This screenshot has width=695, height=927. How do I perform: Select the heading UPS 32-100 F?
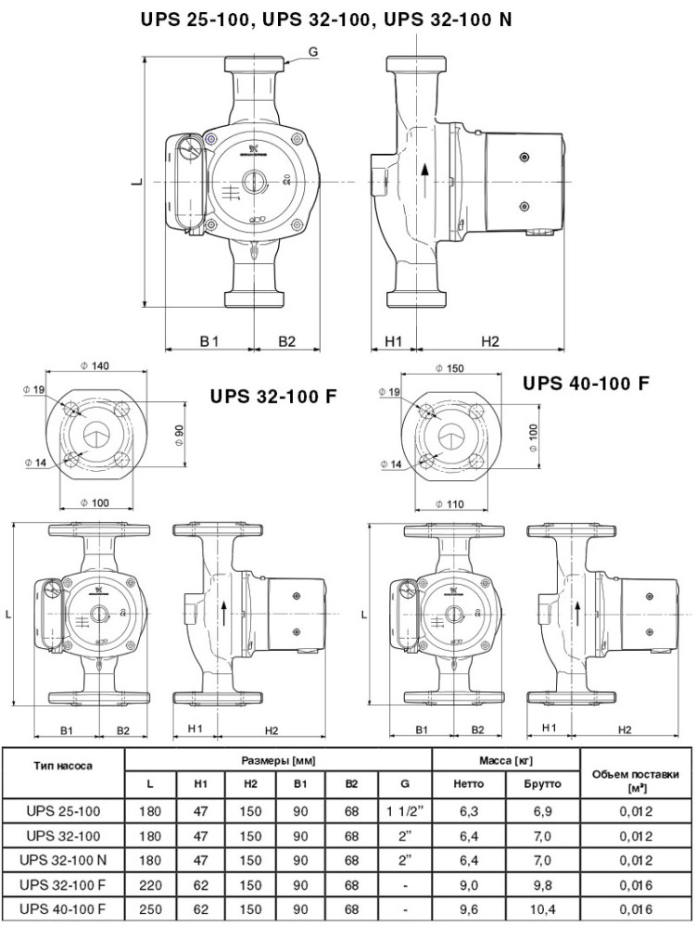272,397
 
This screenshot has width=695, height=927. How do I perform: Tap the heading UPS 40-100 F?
586,383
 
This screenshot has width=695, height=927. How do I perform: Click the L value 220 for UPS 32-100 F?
150,882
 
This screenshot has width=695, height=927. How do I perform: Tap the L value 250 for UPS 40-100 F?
150,907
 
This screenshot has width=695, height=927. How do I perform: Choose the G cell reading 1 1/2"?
404,810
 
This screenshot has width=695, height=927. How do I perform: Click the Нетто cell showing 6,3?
469,810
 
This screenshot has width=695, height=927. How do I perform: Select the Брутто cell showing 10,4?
542,907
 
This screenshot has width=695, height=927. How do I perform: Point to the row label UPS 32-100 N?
64,858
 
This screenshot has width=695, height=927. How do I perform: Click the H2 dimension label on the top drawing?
490,341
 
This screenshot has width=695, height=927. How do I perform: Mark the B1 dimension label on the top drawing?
208,341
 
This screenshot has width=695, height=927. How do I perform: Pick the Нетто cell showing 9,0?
469,882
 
